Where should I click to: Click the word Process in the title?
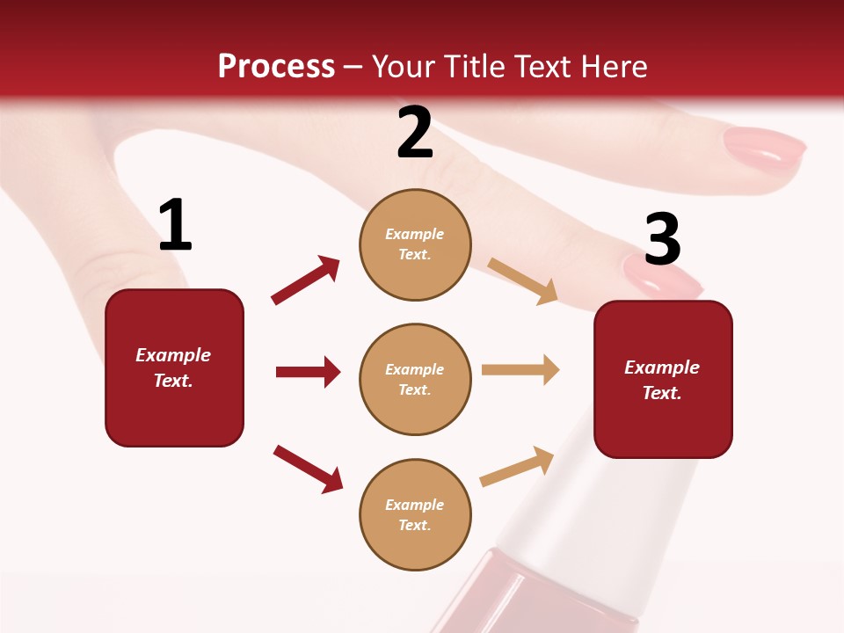click(276, 67)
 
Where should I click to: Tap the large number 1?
click(175, 226)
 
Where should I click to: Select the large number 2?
click(415, 134)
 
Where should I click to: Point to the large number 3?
click(662, 240)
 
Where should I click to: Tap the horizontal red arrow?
click(308, 372)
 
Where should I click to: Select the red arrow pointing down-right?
click(309, 469)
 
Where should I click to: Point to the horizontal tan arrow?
click(520, 370)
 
